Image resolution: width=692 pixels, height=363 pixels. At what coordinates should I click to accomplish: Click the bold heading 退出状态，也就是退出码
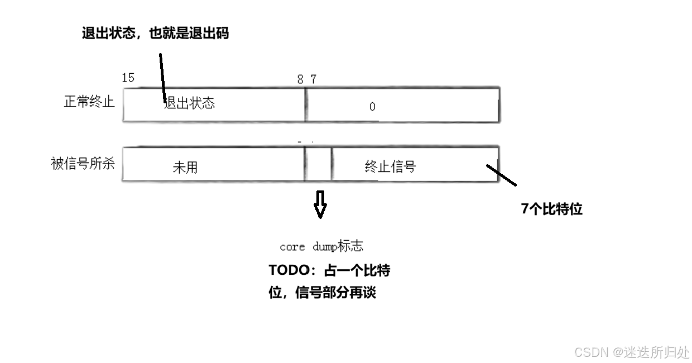155,34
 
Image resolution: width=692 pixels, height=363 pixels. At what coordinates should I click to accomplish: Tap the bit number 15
128,78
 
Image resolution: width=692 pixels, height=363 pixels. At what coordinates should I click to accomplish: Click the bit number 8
300,79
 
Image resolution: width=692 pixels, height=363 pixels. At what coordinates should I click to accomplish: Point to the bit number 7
314,79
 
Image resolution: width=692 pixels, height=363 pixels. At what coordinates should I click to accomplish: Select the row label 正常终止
89,102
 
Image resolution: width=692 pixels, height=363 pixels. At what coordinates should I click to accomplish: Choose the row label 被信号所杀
83,164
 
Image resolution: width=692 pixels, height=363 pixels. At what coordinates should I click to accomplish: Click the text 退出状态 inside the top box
190,103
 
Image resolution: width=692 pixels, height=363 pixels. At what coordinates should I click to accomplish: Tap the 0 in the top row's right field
372,107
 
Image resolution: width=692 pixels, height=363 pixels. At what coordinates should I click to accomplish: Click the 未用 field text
185,168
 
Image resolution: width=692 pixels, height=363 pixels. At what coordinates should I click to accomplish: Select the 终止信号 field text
390,166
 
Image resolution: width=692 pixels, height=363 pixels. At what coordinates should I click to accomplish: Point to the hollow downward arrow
320,204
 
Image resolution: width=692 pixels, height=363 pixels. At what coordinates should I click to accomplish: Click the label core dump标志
321,246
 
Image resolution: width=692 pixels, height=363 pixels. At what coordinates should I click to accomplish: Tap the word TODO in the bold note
289,270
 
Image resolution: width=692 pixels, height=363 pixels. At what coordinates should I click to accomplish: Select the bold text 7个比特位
551,209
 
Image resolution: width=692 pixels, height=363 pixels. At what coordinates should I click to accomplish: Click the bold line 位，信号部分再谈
322,293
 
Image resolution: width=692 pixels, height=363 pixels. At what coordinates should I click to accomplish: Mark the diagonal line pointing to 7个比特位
501,175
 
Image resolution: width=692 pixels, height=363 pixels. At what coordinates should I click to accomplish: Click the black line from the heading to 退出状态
162,78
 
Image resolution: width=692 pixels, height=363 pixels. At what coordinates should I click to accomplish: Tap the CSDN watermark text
632,352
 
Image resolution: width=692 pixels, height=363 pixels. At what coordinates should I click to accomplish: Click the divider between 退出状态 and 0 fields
305,104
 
